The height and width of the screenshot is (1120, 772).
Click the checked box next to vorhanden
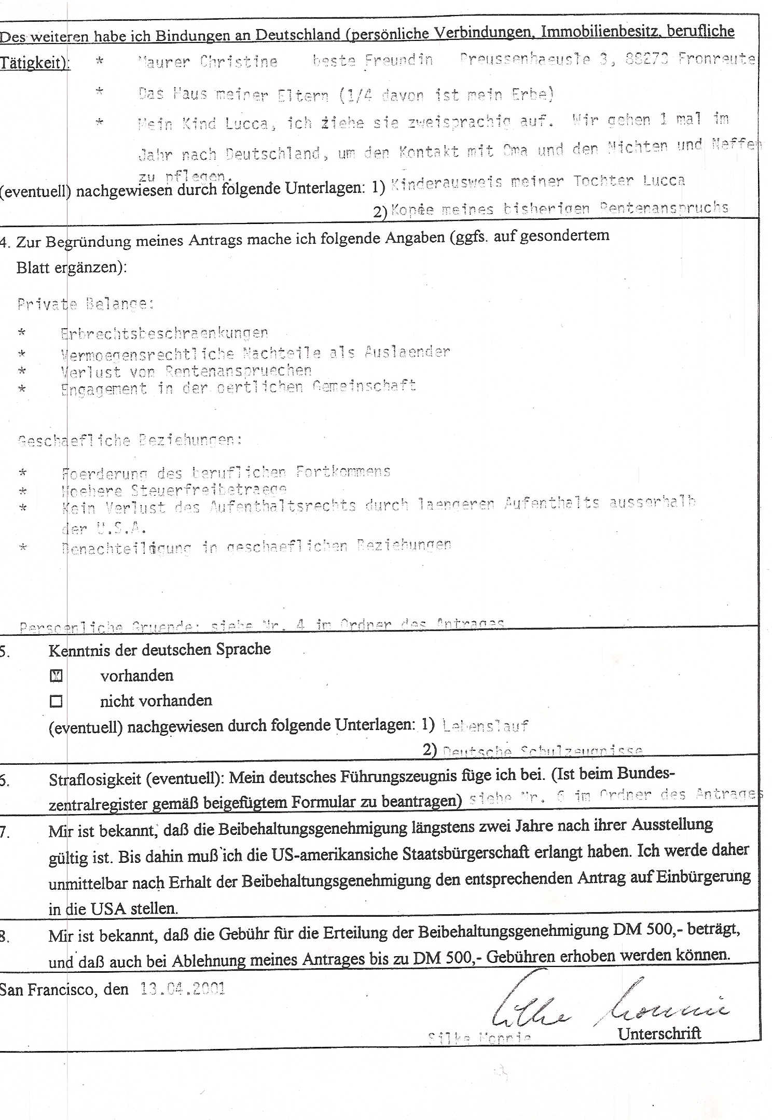tap(56, 676)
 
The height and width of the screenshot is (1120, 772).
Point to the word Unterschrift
tap(659, 1033)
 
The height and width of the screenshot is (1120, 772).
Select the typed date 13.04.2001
tap(183, 989)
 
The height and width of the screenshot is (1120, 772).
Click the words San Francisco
tap(47, 989)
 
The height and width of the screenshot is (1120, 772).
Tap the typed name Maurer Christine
tap(208, 62)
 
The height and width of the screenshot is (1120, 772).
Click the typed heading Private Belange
tap(86, 304)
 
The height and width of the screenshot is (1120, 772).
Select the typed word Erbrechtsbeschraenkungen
tap(164, 333)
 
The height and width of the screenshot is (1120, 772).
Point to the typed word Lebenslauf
tap(485, 726)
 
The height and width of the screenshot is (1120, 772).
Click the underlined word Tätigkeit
tap(34, 63)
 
